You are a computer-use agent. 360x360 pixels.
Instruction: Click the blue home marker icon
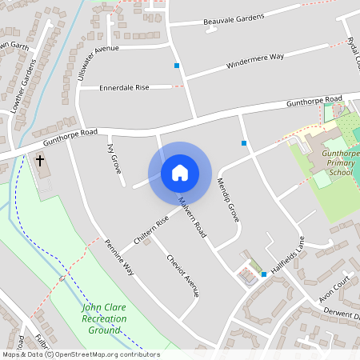click(x=179, y=173)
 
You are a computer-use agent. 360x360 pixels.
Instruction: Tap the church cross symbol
click(x=39, y=161)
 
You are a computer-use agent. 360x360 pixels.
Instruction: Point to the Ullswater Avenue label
click(x=98, y=61)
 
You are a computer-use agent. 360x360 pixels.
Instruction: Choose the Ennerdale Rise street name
click(x=125, y=87)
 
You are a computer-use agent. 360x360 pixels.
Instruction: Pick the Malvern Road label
click(x=192, y=217)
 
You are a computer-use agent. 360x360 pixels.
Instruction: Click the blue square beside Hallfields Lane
click(x=263, y=274)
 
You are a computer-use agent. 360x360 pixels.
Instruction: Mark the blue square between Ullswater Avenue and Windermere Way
click(x=176, y=65)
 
